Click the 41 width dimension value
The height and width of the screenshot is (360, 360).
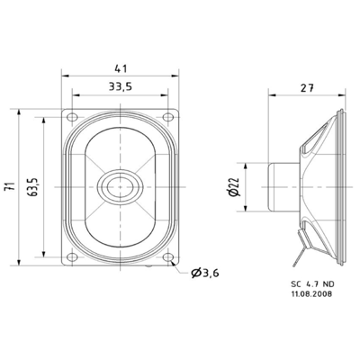[x=121, y=66]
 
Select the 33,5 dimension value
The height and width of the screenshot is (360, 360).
[x=121, y=86]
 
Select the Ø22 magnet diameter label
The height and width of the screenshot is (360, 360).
[x=233, y=187]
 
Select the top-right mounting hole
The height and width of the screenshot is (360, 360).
[x=171, y=117]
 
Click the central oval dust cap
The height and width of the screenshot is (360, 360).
[x=121, y=186]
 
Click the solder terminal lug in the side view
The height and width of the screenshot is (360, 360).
[x=304, y=247]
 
